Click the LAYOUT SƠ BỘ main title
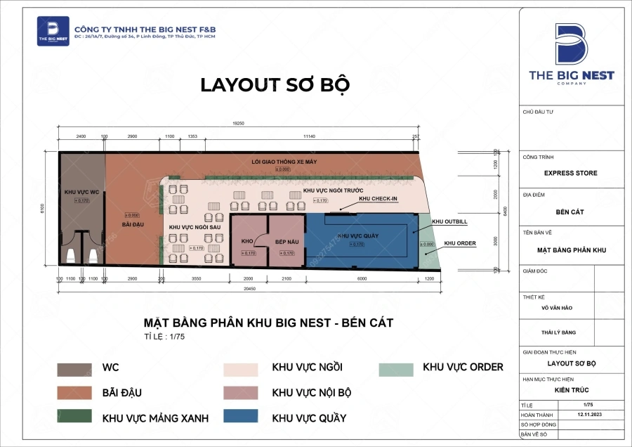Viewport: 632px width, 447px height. coord(275,84)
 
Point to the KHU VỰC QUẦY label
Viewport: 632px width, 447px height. coord(358,235)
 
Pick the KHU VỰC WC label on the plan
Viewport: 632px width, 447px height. coord(81,191)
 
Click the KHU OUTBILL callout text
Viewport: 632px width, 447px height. coord(450,221)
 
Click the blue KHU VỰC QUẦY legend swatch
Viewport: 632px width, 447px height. coord(240,417)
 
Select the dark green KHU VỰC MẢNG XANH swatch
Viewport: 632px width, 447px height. coord(74,417)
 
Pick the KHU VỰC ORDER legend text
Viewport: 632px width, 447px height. coord(463,367)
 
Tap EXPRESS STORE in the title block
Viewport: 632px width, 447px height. coord(571,173)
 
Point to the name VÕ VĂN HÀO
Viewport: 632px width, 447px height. coord(570,307)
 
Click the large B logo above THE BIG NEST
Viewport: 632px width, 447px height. coord(570,44)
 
